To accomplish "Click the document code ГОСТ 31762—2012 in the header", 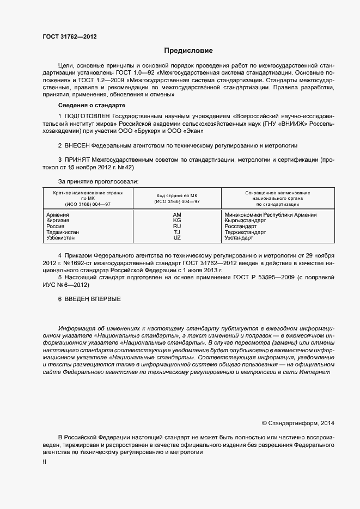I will (70, 37).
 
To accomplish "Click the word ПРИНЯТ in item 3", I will (77, 161).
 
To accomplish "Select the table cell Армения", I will (58, 215).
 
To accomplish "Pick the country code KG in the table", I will (177, 220).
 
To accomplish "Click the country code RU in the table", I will (177, 226).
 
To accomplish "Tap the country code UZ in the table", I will (177, 238).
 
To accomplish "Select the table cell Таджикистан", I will (63, 232).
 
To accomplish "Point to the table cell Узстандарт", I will (239, 238).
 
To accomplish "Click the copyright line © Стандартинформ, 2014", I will (298, 422).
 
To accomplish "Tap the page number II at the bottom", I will (45, 462).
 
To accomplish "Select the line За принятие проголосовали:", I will (98, 181).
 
